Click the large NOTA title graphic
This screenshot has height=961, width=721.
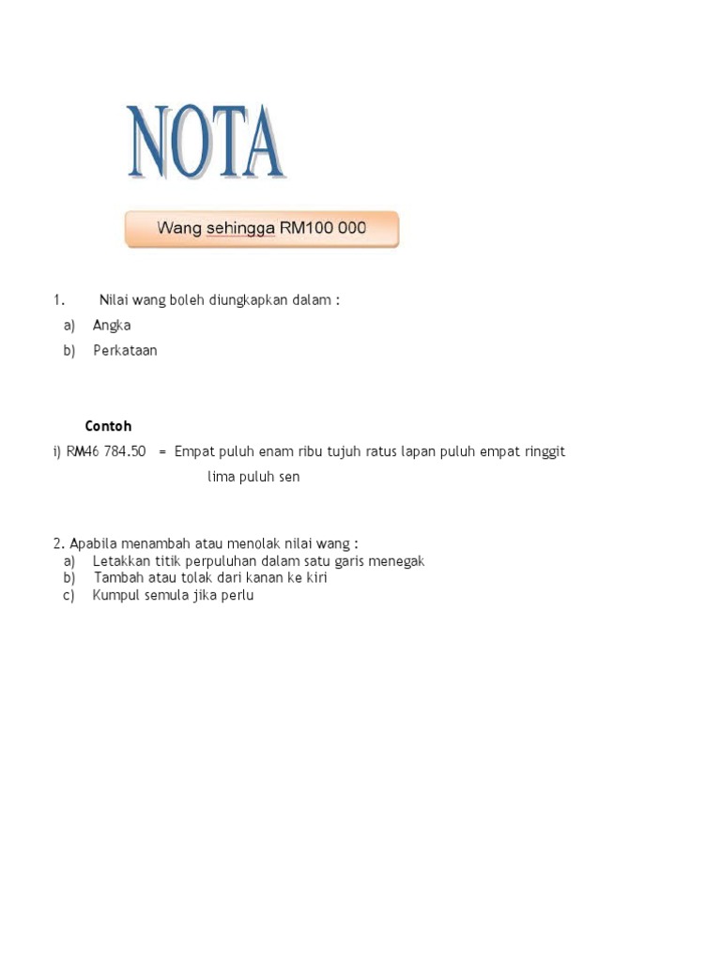point(207,143)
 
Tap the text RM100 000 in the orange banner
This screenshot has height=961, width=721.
point(323,228)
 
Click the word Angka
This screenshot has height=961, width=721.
point(112,326)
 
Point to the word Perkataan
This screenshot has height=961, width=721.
point(125,351)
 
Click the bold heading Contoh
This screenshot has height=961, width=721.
point(108,426)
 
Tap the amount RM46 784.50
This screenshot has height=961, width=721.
point(106,451)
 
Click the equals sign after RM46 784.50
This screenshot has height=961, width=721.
point(162,451)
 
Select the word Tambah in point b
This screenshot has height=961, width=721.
point(118,578)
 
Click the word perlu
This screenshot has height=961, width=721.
point(237,596)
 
